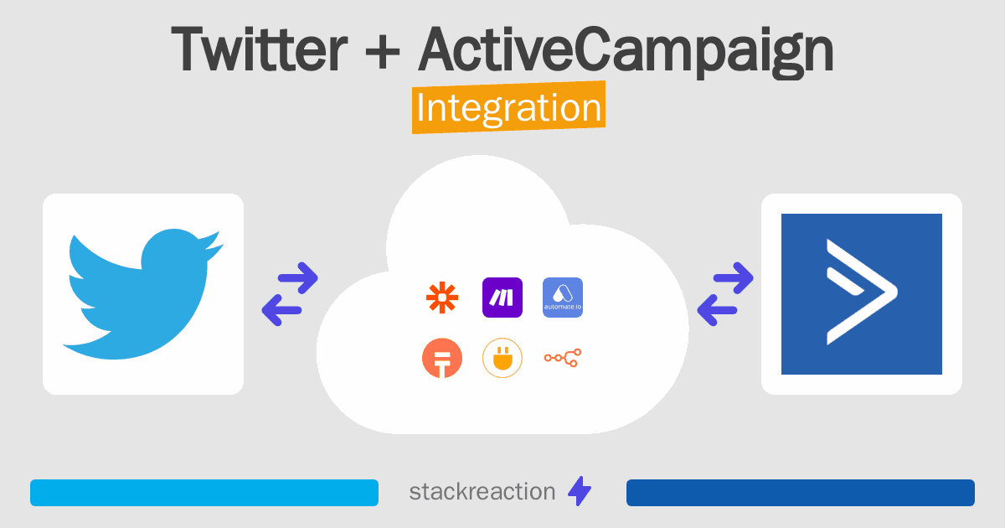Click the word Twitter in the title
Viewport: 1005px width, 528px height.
(260, 49)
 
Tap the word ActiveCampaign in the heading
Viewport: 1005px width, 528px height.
(626, 53)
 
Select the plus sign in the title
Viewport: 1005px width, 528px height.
(382, 52)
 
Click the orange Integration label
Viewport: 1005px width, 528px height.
(509, 107)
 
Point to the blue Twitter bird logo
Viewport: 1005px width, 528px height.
(142, 293)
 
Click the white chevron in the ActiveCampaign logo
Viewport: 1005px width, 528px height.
(862, 292)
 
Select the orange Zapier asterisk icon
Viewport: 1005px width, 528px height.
(442, 298)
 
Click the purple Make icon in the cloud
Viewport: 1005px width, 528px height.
(502, 298)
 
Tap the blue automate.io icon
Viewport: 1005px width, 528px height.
(563, 298)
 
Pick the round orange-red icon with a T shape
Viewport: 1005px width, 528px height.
(442, 358)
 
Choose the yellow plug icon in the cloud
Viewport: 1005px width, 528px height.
(502, 358)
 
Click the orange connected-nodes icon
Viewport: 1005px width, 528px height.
(563, 358)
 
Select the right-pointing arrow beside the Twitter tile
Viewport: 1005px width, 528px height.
(298, 278)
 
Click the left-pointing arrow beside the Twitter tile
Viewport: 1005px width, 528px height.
(281, 310)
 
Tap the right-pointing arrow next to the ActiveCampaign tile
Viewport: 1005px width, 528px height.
(733, 278)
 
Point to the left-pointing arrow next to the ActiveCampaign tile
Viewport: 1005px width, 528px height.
(717, 310)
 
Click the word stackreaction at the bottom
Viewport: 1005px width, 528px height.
(482, 492)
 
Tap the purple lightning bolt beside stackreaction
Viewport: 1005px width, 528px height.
(580, 491)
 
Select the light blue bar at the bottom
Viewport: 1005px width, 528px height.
(204, 493)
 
